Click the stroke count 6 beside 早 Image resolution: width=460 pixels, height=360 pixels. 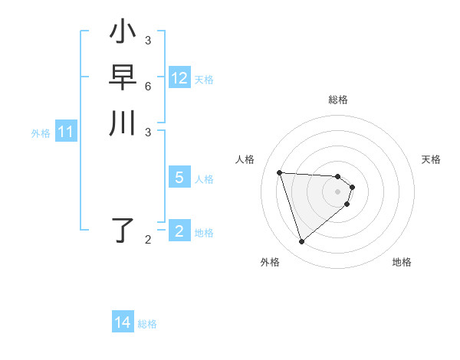[147, 86]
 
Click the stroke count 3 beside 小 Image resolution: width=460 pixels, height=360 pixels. [147, 40]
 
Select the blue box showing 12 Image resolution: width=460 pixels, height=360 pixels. [179, 78]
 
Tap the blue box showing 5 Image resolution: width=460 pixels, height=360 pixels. [179, 178]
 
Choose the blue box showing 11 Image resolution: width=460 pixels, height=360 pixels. [66, 133]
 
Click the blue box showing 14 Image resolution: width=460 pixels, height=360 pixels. [123, 322]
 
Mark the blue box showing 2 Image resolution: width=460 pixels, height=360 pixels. [179, 231]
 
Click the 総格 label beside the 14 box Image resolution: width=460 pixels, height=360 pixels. [147, 324]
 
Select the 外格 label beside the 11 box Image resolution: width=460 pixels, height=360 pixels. [41, 133]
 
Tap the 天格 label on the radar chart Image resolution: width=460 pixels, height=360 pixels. [431, 159]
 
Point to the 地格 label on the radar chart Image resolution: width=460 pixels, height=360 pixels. [402, 262]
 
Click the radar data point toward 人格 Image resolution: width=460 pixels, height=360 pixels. [280, 172]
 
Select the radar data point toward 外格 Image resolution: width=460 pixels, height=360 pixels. [302, 242]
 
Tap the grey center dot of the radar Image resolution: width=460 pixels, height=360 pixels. [337, 191]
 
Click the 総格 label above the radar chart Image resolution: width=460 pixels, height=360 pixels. [337, 100]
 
